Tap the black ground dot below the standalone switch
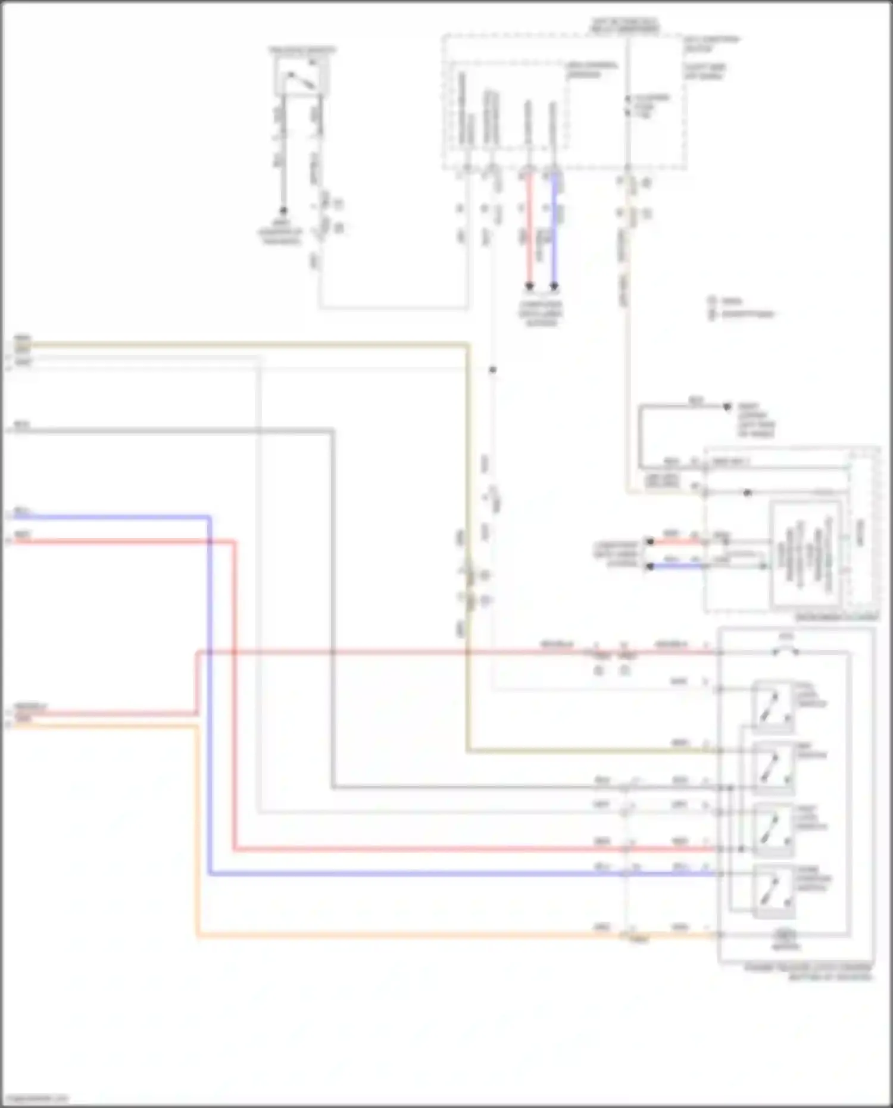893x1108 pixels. click(x=283, y=211)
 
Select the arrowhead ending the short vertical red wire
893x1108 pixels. click(x=529, y=286)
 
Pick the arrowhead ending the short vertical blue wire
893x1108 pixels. click(x=554, y=286)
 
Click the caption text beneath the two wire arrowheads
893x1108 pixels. click(x=541, y=314)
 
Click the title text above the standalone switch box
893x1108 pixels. click(x=302, y=50)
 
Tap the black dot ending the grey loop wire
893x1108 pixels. click(x=727, y=407)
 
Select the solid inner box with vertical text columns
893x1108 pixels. click(x=805, y=554)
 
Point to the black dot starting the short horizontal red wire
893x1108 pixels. click(x=650, y=542)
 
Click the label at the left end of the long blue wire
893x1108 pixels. click(x=21, y=511)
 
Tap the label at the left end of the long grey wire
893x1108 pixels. click(x=21, y=425)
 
